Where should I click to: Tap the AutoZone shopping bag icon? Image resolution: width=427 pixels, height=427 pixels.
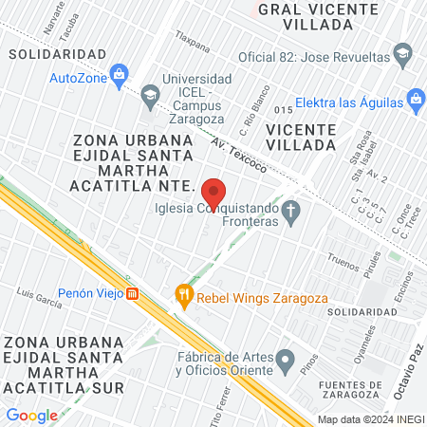point(119,73)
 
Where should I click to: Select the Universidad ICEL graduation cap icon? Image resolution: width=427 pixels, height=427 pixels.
point(150,94)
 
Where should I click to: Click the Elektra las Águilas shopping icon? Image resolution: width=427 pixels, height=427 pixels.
point(415,98)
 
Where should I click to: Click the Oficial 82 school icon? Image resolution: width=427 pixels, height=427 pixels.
point(403,54)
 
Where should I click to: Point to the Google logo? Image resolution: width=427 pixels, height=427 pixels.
point(32,415)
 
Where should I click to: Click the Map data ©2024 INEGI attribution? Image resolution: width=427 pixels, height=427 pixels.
point(370,418)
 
